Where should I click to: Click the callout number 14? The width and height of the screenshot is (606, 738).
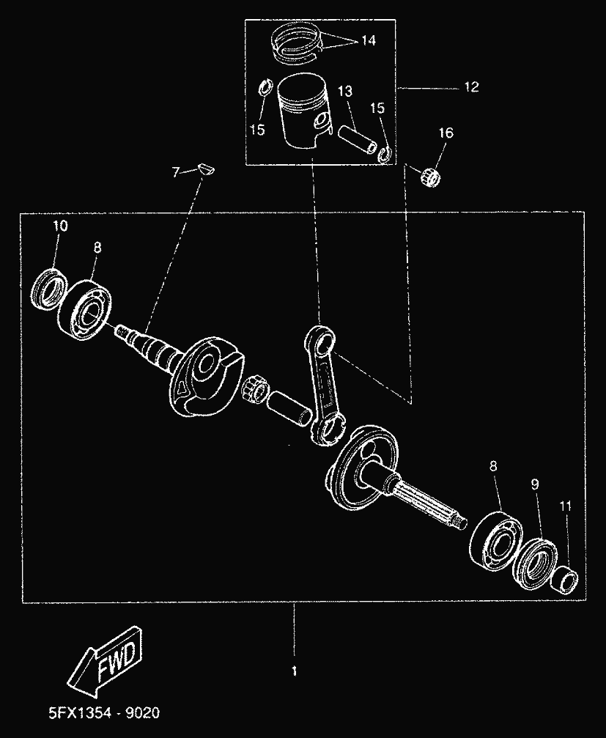[x=367, y=41]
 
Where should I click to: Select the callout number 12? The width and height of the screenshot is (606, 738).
[x=470, y=87]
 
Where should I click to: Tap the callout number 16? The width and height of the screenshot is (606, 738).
[x=446, y=133]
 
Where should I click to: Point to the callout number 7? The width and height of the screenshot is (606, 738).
[x=175, y=172]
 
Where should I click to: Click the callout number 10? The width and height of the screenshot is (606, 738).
[x=60, y=226]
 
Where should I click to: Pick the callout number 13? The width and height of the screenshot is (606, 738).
[x=345, y=91]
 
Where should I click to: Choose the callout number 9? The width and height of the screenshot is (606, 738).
[x=535, y=484]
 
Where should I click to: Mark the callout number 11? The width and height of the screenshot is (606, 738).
[x=565, y=506]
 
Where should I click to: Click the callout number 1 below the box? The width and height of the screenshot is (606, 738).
[x=294, y=670]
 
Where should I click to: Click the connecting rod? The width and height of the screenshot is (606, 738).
[x=323, y=381]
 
